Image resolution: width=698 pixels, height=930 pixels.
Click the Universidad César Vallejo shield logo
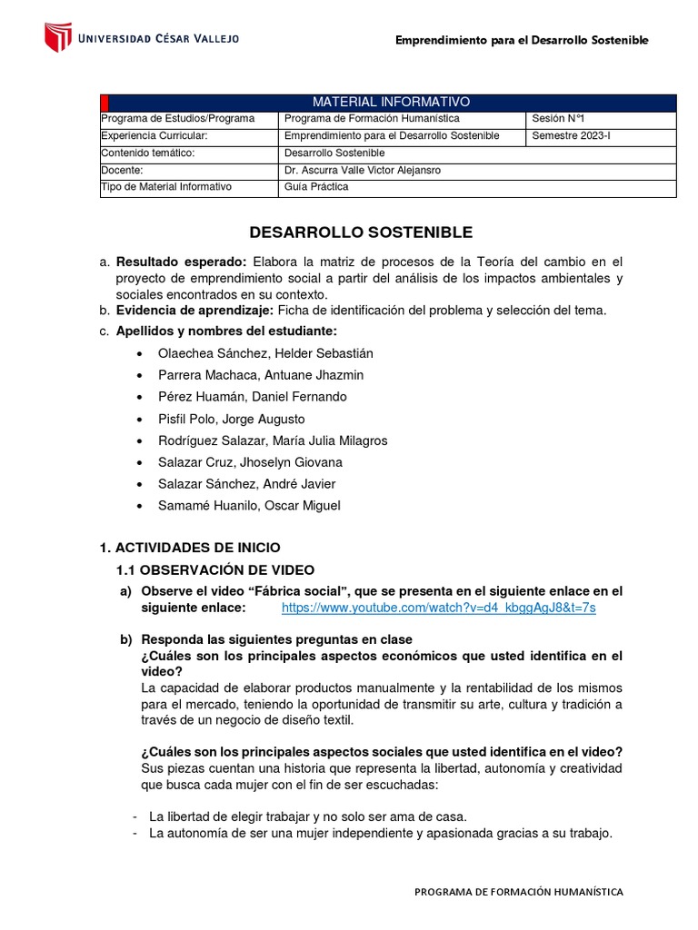(58, 37)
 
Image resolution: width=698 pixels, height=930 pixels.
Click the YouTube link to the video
(438, 608)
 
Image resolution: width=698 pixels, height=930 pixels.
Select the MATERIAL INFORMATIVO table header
(391, 102)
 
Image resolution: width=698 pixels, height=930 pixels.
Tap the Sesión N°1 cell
(556, 119)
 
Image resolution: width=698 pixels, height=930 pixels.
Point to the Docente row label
(124, 170)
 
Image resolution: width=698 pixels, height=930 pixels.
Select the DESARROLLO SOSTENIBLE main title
(362, 233)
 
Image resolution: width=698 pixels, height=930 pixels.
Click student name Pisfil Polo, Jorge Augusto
(231, 419)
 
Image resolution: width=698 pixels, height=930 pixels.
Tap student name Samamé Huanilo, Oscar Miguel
(249, 506)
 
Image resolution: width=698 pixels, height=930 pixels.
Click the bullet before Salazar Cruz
(137, 463)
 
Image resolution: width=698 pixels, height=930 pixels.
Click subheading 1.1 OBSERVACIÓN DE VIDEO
(214, 570)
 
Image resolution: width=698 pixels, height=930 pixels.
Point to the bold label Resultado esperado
(182, 262)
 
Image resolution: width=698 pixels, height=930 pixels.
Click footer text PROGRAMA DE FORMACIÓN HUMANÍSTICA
(518, 892)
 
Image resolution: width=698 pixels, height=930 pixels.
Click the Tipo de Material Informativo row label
(167, 187)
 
